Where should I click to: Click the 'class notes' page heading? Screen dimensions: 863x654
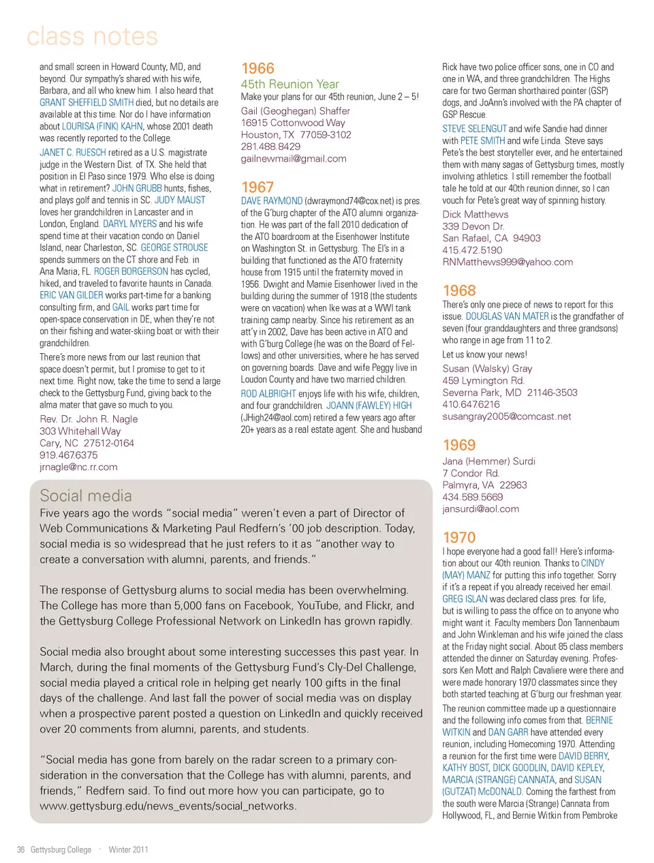[92, 36]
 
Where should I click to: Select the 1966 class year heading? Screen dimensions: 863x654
[258, 69]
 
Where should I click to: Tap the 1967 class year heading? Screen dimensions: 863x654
[258, 187]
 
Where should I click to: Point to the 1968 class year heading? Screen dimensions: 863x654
[459, 290]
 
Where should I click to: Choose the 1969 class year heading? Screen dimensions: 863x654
[459, 445]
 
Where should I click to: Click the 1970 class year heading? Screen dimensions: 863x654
[459, 538]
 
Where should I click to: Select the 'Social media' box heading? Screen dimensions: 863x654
[86, 496]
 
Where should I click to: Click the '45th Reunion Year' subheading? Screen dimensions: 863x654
[290, 85]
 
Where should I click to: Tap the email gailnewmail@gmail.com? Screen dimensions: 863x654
[294, 159]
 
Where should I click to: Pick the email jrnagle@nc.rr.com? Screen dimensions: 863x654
[78, 467]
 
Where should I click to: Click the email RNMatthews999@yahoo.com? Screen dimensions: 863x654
[508, 262]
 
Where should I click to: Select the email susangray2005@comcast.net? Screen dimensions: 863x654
[507, 417]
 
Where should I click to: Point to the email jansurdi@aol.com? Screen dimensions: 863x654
[480, 509]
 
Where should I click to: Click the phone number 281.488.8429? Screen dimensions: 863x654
[270, 147]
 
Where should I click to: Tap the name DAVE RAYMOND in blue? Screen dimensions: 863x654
[272, 201]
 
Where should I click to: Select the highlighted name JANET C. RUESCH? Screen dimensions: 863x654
[73, 153]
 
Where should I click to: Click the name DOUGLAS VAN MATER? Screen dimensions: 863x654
[507, 316]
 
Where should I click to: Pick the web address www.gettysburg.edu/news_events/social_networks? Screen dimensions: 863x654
[168, 806]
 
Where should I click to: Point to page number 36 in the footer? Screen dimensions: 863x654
[20, 849]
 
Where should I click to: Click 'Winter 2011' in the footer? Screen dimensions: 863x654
[128, 849]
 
